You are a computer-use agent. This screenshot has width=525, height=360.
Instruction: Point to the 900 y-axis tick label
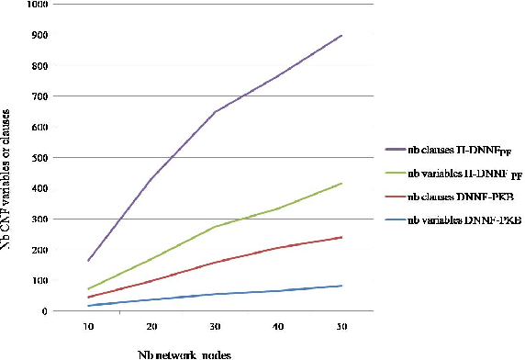pos(39,36)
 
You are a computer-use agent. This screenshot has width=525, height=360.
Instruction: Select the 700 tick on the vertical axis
pos(39,96)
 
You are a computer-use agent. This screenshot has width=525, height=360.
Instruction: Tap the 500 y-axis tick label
pos(39,158)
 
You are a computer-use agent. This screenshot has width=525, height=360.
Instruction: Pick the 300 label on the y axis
pos(39,219)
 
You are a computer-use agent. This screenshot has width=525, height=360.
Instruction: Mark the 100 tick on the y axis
pos(39,280)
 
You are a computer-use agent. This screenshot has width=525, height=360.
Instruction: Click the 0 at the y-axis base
pos(44,310)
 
